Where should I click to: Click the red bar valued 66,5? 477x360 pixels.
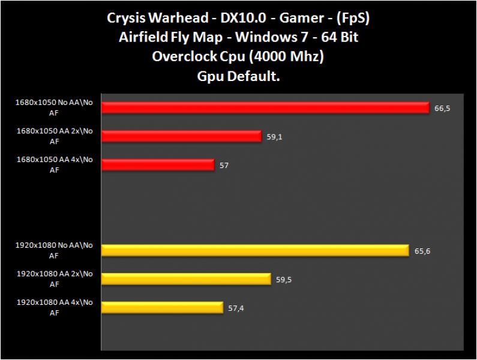coord(265,107)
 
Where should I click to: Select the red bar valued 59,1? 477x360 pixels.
coord(182,136)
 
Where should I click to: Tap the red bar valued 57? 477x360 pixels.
coord(158,164)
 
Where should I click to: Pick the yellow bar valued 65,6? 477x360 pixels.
coord(255,250)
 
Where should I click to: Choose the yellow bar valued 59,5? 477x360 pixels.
coord(186,279)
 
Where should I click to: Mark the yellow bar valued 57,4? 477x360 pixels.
coord(162,307)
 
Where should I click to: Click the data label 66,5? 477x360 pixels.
coord(442,109)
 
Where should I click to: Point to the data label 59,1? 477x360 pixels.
coord(274,137)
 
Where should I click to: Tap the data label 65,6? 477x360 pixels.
coord(422,251)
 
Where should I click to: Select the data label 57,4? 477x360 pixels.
coord(236,308)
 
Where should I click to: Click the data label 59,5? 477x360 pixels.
coord(284,280)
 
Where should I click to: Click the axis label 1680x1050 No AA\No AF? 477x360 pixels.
coord(55,106)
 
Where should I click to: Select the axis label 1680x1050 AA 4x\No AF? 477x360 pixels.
coord(55,164)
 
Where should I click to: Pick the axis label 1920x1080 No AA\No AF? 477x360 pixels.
coord(55,250)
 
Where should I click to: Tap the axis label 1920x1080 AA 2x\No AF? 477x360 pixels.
coord(55,278)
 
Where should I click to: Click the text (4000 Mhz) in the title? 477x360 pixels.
coord(290,57)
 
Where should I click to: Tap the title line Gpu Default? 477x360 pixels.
coord(239,76)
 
